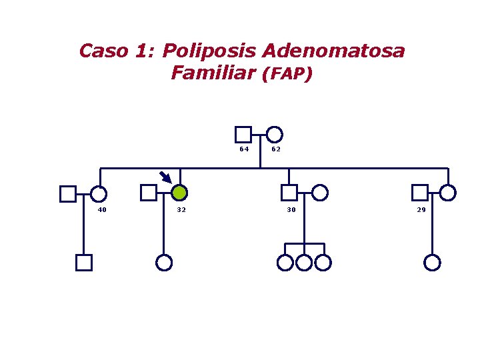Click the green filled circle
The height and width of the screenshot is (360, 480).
click(179, 193)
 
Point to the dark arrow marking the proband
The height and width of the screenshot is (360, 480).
click(165, 177)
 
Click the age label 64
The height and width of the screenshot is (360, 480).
click(245, 149)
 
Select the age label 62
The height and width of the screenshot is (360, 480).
click(276, 149)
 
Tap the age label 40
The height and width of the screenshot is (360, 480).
click(102, 210)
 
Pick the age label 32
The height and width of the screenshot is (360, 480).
click(181, 210)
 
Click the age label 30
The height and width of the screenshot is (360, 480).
click(291, 210)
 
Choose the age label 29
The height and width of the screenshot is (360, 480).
click(421, 210)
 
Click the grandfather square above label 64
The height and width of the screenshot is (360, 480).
click(243, 134)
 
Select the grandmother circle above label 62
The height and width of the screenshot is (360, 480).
click(274, 134)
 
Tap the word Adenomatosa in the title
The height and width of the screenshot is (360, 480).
click(333, 51)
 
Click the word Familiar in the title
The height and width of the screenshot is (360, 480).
click(213, 73)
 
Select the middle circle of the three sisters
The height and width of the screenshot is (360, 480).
click(304, 263)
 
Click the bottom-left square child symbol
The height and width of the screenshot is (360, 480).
click(83, 263)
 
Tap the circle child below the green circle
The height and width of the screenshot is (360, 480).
click(164, 263)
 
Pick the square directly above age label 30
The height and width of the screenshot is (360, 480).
click(289, 193)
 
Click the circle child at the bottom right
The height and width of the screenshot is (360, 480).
click(433, 263)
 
